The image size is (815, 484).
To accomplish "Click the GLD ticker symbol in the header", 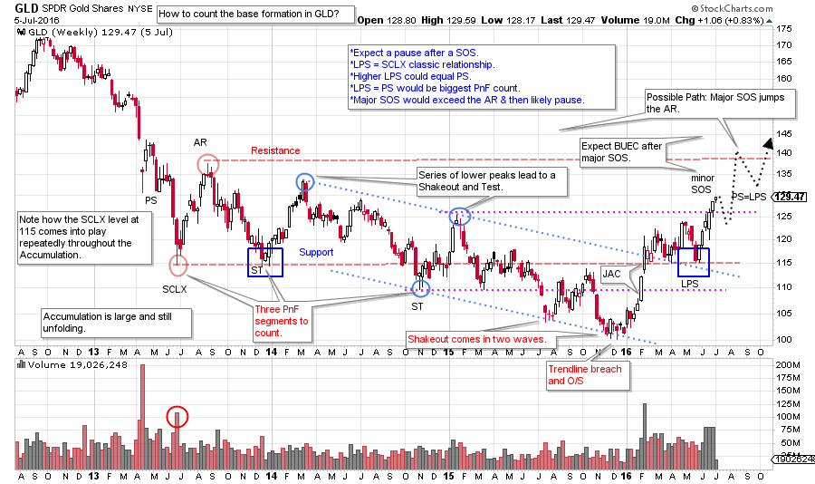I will coord(28,15).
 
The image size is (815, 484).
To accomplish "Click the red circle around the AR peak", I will coord(208,164).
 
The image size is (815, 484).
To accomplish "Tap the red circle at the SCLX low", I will coord(178,266).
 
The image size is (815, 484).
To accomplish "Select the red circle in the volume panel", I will coord(178,417).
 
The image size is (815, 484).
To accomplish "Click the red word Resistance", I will coord(275,150).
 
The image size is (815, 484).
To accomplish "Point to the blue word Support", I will coord(316,252).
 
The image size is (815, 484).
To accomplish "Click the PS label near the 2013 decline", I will coord(151,199).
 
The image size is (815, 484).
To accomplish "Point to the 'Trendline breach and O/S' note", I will coord(586,375).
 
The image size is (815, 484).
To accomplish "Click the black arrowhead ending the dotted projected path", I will coord(768,141).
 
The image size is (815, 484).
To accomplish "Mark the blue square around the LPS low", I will coord(694,262).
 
